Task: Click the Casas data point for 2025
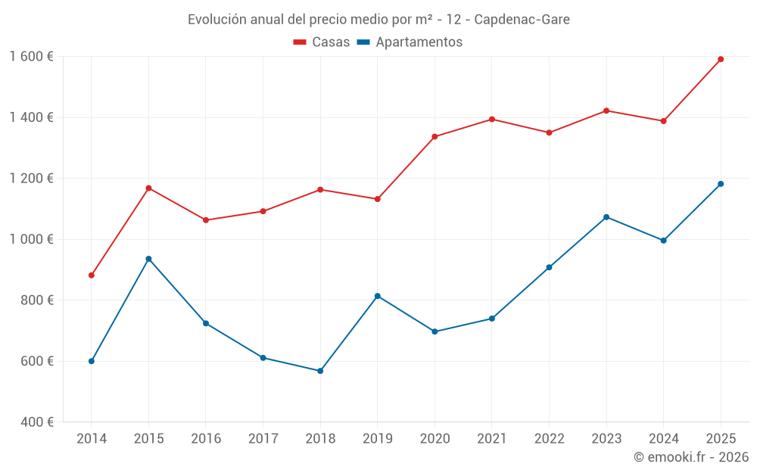pyautogui.click(x=721, y=59)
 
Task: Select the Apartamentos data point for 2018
pyautogui.click(x=320, y=371)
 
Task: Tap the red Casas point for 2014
pyautogui.click(x=92, y=275)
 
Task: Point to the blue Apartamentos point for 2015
pyautogui.click(x=148, y=259)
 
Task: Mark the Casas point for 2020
pyautogui.click(x=435, y=137)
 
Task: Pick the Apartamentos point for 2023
pyautogui.click(x=606, y=217)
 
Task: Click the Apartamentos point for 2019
pyautogui.click(x=378, y=296)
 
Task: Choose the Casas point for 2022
pyautogui.click(x=549, y=132)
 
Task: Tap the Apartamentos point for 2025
pyautogui.click(x=721, y=184)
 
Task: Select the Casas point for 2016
pyautogui.click(x=206, y=220)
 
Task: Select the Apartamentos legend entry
pyautogui.click(x=410, y=42)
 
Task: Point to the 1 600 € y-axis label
pyautogui.click(x=31, y=57)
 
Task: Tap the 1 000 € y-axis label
pyautogui.click(x=31, y=239)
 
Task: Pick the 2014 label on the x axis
pyautogui.click(x=92, y=439)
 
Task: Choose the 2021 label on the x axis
pyautogui.click(x=492, y=439)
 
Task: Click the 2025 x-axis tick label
pyautogui.click(x=721, y=439)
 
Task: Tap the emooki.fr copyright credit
pyautogui.click(x=691, y=457)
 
